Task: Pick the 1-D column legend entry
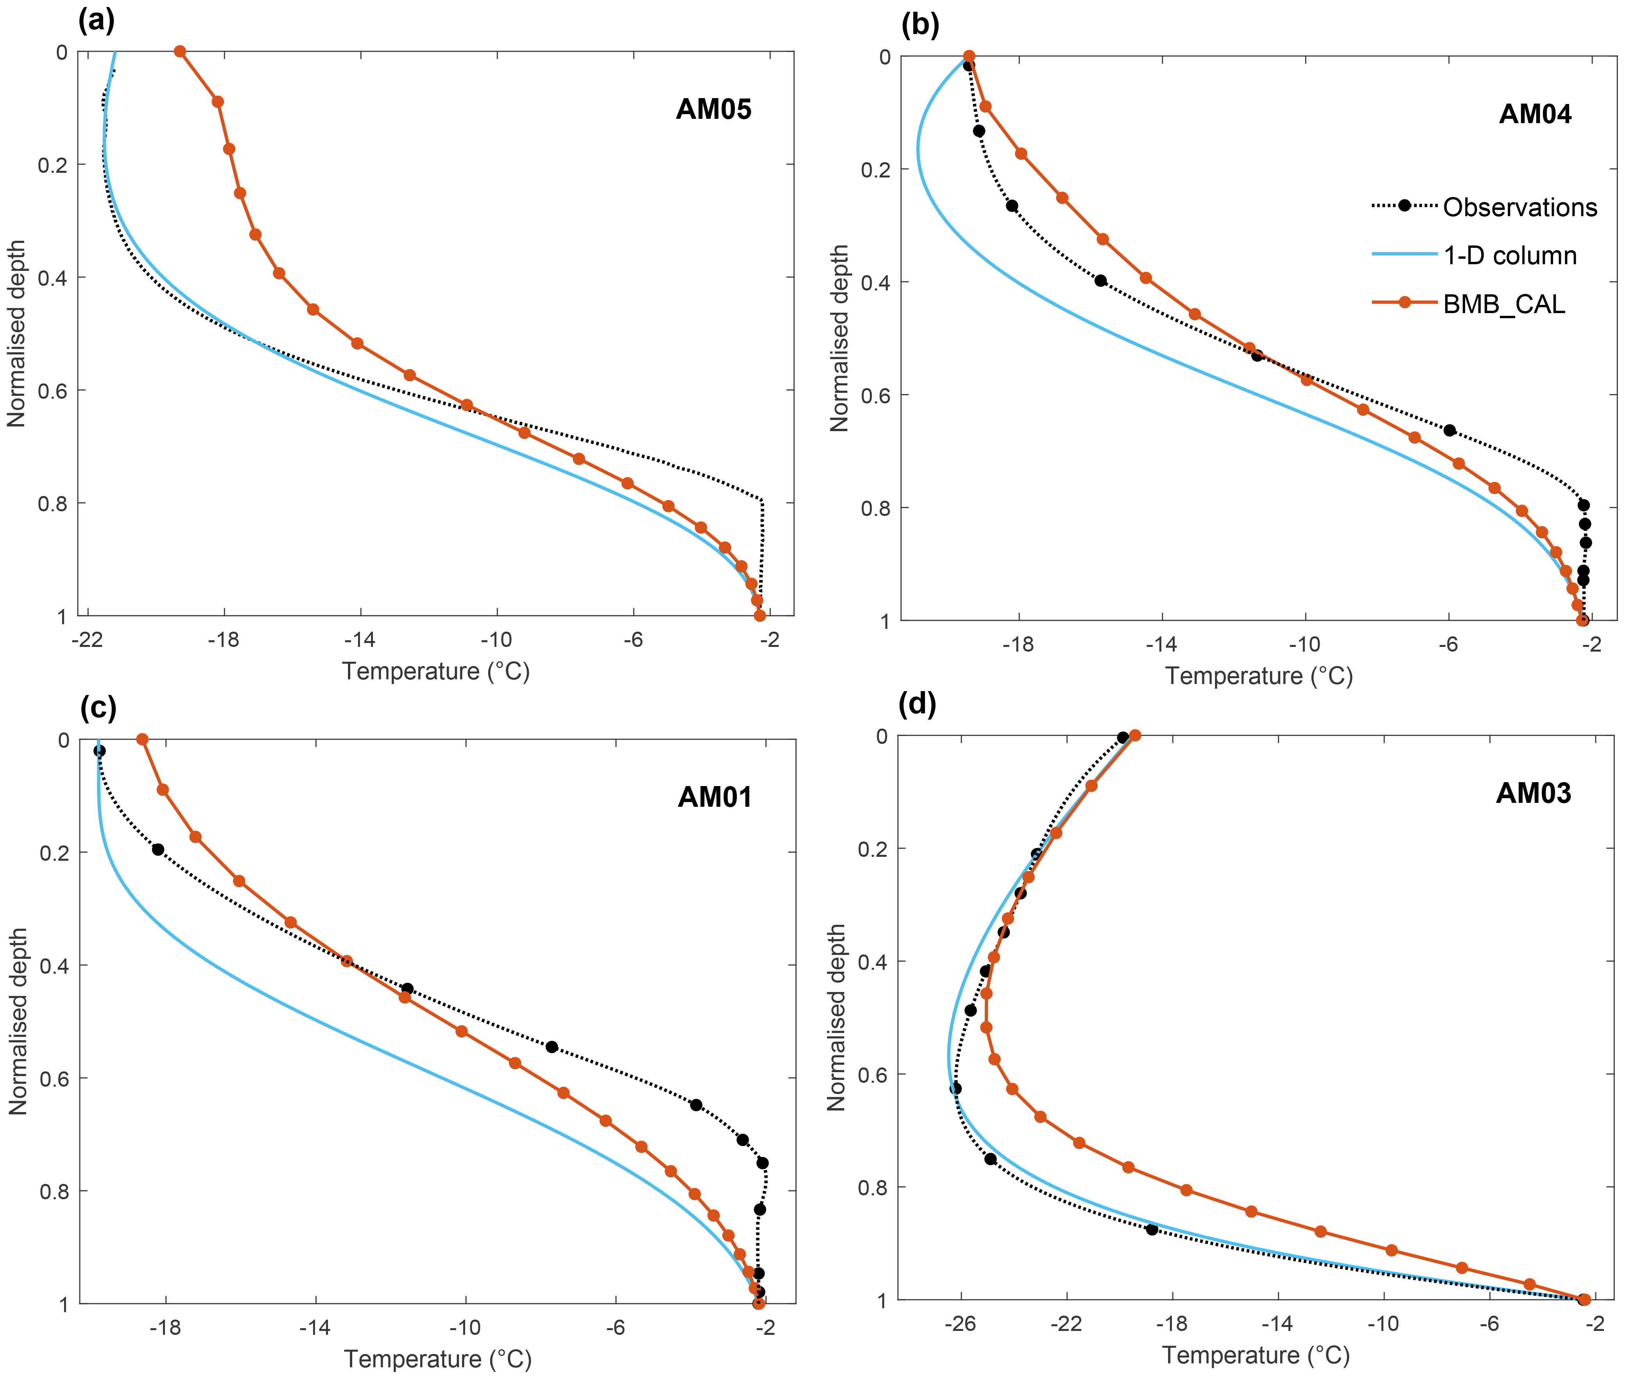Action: (1509, 256)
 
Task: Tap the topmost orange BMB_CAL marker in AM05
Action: (180, 52)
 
